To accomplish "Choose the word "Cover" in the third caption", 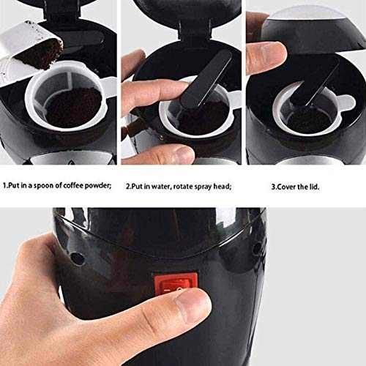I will (x=289, y=186).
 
